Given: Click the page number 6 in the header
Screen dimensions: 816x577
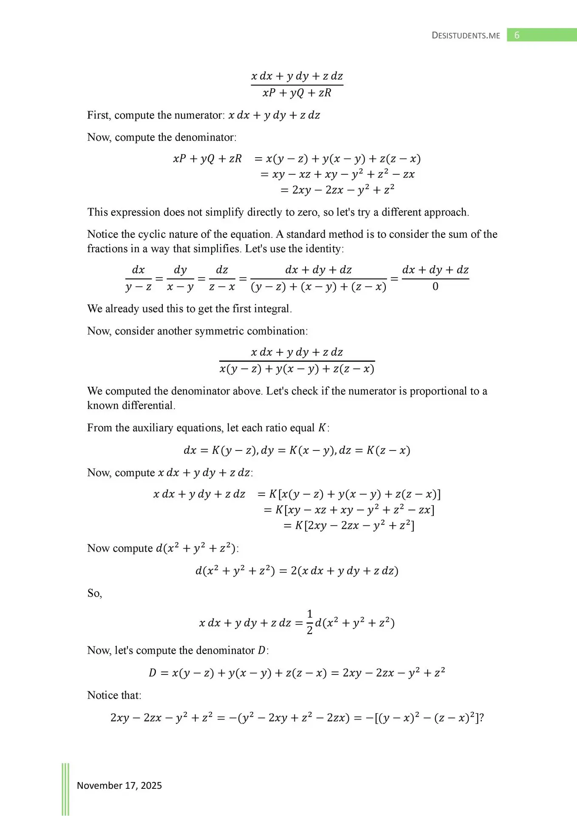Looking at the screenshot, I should (517, 35).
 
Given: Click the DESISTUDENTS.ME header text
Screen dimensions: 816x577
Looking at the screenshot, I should (466, 36).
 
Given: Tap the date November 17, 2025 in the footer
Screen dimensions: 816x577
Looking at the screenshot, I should (119, 785).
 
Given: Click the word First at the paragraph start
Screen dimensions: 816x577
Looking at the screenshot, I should (99, 115).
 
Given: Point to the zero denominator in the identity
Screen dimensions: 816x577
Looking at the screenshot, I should (435, 287).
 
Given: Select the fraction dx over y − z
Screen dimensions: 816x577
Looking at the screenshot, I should (139, 278).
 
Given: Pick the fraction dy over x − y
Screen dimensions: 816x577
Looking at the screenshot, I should (180, 278).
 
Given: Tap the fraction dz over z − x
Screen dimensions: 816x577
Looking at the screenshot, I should (222, 278).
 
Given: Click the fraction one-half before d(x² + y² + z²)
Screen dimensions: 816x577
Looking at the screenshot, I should (309, 622).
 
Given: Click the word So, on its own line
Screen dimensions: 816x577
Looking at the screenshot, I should (94, 593).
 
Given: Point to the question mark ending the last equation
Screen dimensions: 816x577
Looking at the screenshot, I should (481, 718).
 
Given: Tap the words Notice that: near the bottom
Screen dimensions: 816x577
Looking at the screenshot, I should (114, 695).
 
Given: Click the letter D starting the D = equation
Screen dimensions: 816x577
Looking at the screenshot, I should (153, 673).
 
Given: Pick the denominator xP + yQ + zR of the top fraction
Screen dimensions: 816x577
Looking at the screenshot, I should (297, 93).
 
